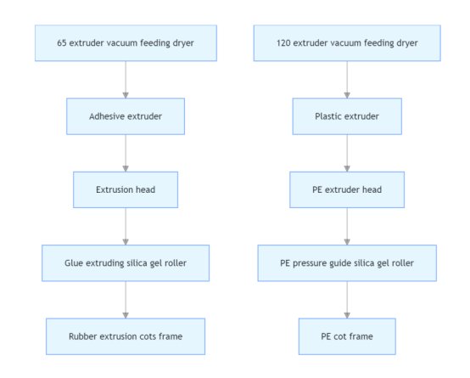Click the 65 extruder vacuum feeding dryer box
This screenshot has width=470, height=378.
click(x=126, y=43)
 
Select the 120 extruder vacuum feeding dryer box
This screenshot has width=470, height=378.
click(x=347, y=43)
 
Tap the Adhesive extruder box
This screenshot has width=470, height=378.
click(x=126, y=116)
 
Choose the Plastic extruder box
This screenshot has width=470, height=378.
click(x=347, y=116)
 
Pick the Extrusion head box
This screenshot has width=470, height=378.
click(x=126, y=189)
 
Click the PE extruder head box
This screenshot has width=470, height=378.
click(x=347, y=189)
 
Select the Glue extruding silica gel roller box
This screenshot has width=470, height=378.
click(x=126, y=263)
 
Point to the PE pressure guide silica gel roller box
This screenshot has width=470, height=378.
click(x=347, y=263)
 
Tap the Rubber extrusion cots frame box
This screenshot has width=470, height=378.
click(x=126, y=336)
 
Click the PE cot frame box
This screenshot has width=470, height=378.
click(x=347, y=336)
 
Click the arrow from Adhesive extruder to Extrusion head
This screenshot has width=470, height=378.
click(x=126, y=153)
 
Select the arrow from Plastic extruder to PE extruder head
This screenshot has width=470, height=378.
click(x=347, y=153)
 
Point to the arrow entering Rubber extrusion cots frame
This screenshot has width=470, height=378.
click(x=126, y=300)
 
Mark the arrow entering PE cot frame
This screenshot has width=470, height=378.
click(x=347, y=300)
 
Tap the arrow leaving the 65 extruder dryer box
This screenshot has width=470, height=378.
click(x=126, y=80)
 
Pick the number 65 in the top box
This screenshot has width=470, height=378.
click(x=61, y=43)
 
